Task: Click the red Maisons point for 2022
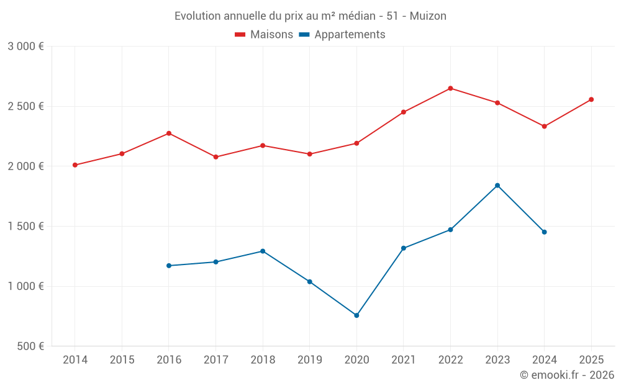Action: click(450, 88)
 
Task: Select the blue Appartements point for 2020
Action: click(356, 315)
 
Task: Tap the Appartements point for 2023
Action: click(497, 186)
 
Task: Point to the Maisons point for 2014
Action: click(75, 165)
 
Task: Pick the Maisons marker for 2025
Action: click(591, 99)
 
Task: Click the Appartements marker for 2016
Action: click(168, 266)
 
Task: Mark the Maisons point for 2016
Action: click(168, 133)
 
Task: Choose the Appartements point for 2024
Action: click(545, 232)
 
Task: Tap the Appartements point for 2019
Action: click(310, 282)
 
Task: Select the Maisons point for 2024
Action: click(545, 127)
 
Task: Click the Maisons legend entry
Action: click(264, 35)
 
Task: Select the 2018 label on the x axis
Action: click(263, 359)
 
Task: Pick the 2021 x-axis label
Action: click(404, 359)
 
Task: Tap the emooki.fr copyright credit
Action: click(567, 375)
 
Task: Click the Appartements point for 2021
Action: click(404, 248)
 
